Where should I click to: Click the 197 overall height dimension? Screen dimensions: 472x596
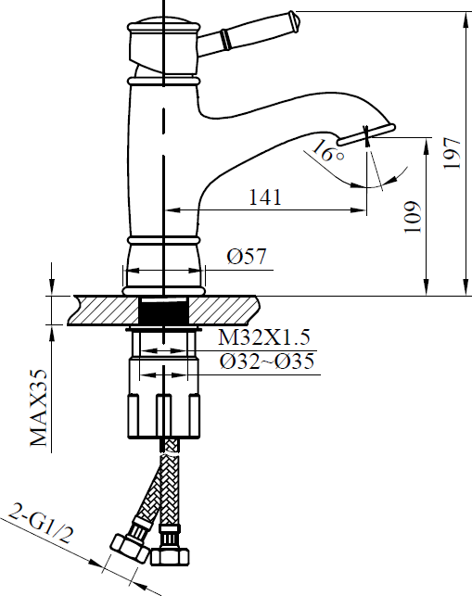point(453,153)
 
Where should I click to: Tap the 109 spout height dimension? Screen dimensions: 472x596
point(413,217)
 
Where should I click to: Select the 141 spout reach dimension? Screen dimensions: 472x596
point(265,197)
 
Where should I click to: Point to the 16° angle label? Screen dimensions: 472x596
point(327,150)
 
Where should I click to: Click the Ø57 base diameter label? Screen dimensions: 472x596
point(247,257)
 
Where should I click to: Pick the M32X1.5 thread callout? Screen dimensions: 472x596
point(264,336)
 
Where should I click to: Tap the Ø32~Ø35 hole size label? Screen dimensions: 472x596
point(267,361)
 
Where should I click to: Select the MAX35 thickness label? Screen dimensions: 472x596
point(39,408)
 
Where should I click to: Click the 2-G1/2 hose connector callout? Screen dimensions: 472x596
point(40,524)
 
